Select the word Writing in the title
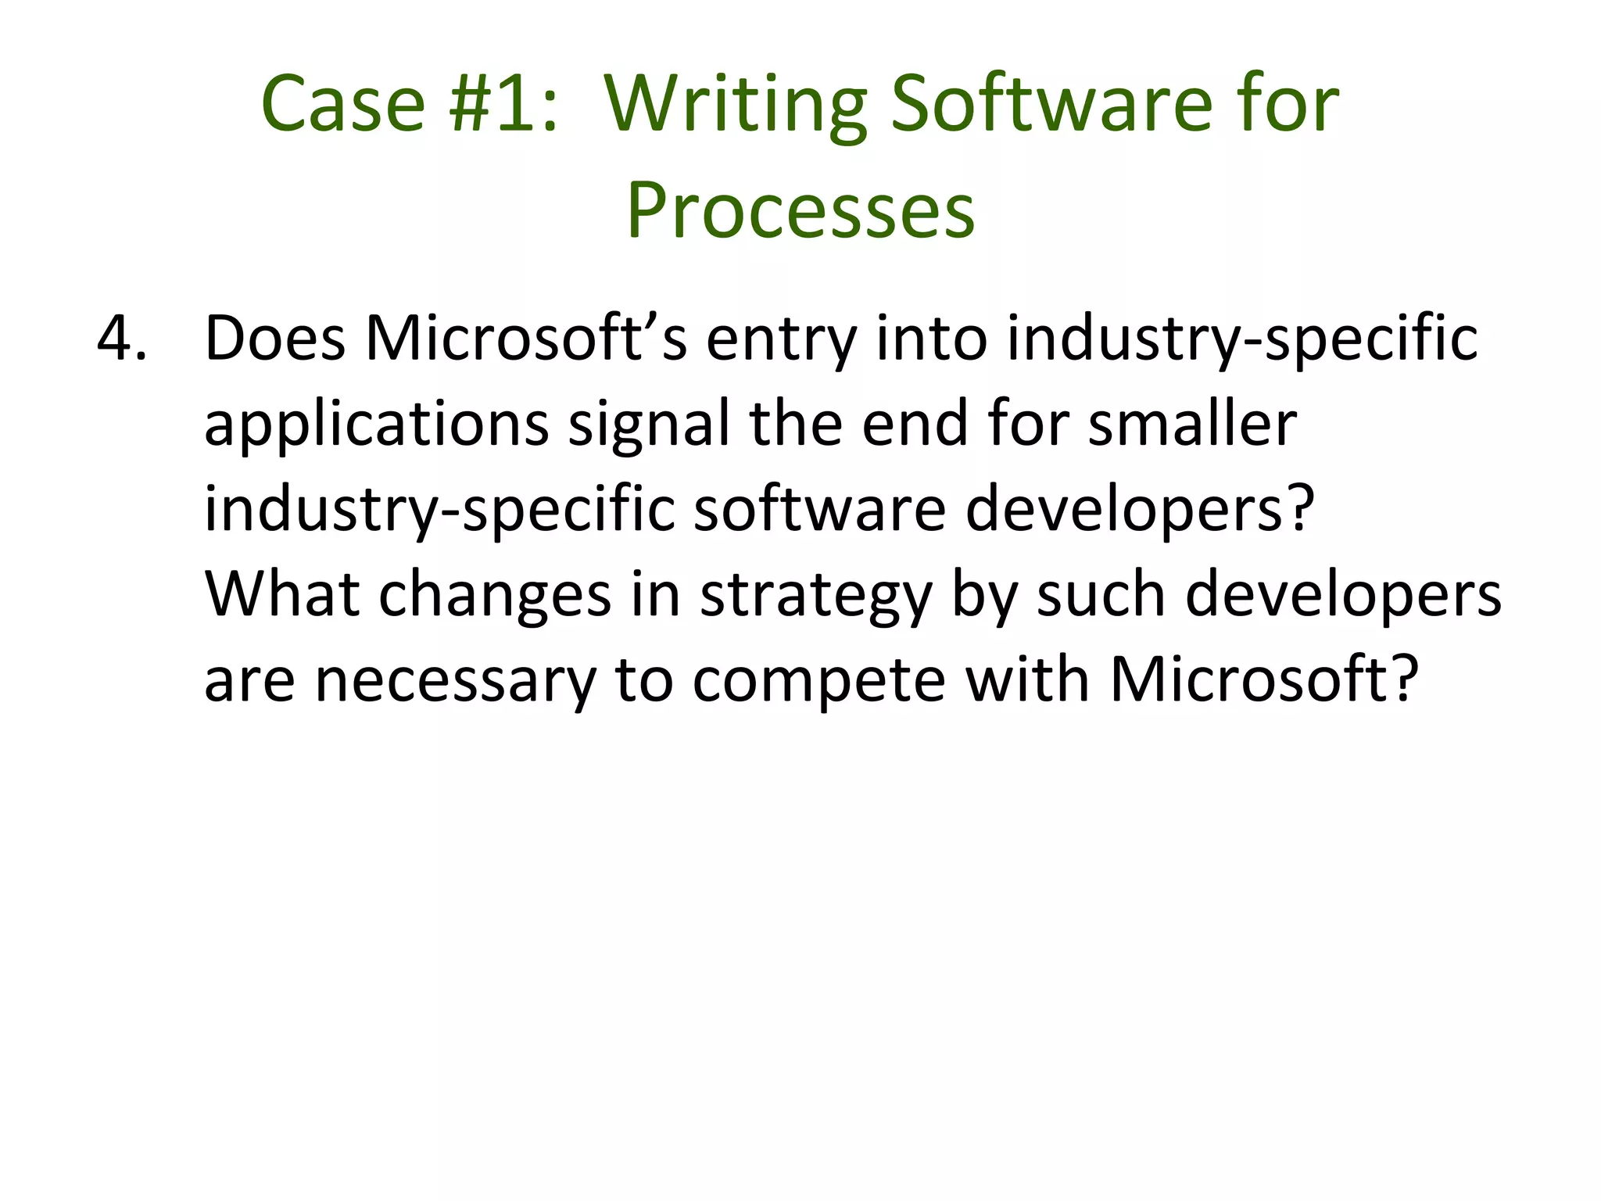pos(736,104)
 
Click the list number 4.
pos(121,339)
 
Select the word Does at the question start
pos(275,339)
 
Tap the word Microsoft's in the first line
pos(525,339)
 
